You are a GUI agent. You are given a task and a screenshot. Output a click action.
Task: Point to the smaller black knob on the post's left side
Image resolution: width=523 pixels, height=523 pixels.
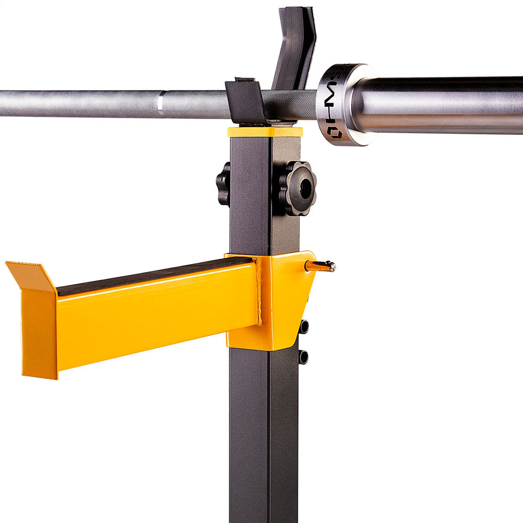pyautogui.click(x=223, y=184)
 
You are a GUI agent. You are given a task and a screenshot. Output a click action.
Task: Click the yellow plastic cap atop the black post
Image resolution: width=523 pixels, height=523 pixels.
pyautogui.click(x=265, y=131)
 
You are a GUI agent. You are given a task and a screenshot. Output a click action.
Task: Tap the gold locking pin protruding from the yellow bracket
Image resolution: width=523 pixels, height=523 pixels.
pyautogui.click(x=321, y=266)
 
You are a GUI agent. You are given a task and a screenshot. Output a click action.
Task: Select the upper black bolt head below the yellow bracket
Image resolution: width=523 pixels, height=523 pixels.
pyautogui.click(x=304, y=326)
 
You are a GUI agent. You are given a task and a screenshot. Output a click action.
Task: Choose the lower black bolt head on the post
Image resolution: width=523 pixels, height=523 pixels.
pyautogui.click(x=303, y=357)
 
